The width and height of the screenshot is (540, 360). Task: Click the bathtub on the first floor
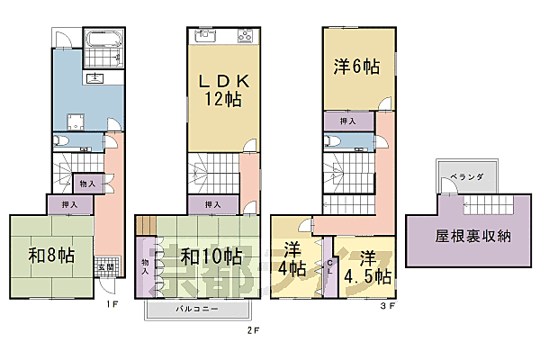pos(104,40)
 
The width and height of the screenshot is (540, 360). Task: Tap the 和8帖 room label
pos(50,255)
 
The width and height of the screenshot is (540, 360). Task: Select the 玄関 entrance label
pos(105,266)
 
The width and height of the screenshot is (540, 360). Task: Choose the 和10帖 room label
pos(211,256)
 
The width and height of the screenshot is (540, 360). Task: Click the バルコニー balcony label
pos(196,309)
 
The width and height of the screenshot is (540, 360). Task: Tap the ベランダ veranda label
pos(467,178)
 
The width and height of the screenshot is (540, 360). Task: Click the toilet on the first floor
pos(59,140)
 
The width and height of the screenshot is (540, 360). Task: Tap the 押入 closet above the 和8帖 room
pos(69,204)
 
